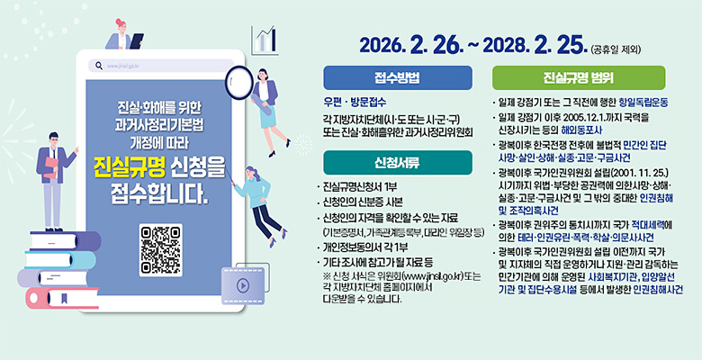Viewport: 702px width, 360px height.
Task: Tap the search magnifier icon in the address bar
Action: coord(97,66)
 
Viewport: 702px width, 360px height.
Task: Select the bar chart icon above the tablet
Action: coord(265,39)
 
